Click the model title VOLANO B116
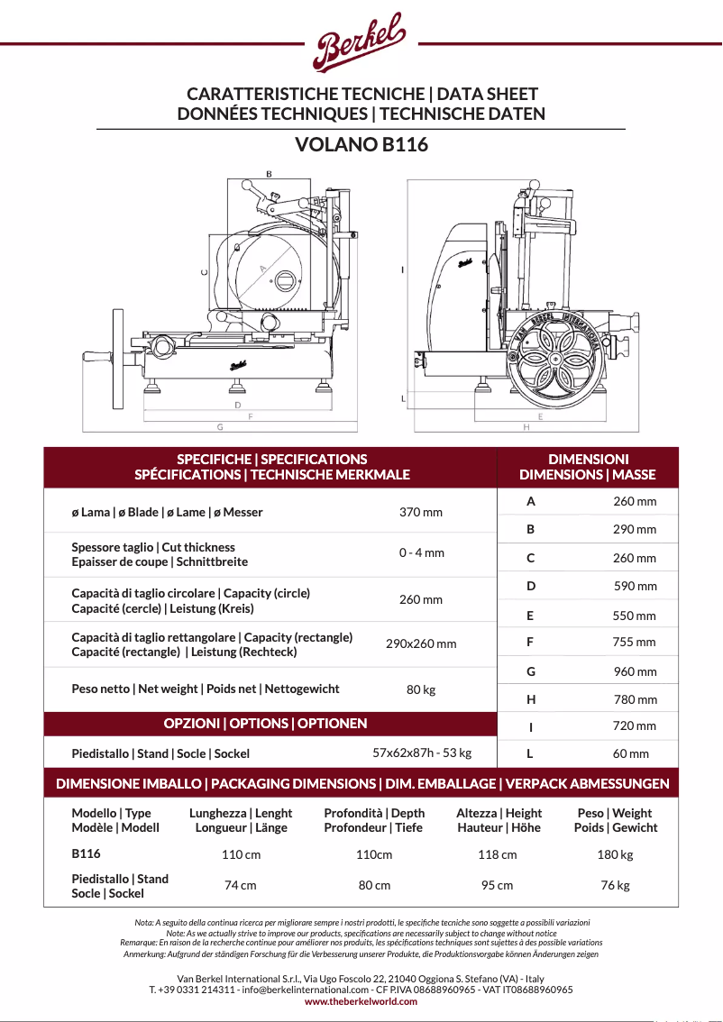click(x=361, y=144)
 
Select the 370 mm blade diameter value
click(x=421, y=512)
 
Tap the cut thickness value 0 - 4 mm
click(x=421, y=552)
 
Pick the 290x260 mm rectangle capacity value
click(x=421, y=643)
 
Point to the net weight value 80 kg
click(x=421, y=689)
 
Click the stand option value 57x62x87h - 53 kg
click(x=422, y=753)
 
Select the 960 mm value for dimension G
click(x=635, y=671)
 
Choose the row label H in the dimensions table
click(x=531, y=699)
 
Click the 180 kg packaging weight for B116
click(x=616, y=854)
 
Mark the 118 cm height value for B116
click(x=498, y=854)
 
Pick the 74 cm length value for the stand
click(x=241, y=885)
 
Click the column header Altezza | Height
click(x=499, y=820)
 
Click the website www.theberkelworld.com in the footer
click(x=361, y=1001)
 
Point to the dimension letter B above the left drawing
click(x=269, y=173)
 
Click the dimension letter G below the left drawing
click(x=220, y=426)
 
